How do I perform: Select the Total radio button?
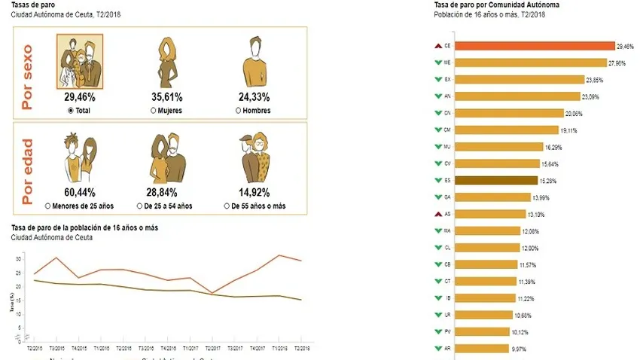[x=71, y=110]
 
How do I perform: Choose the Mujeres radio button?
[x=154, y=110]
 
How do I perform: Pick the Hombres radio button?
[x=238, y=110]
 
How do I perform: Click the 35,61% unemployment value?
[x=169, y=97]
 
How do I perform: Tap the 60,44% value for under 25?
[x=80, y=192]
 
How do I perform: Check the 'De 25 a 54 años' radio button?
[x=139, y=205]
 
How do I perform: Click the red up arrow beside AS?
[x=437, y=214]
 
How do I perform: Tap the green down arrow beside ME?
[x=437, y=63]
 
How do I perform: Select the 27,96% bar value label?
[x=616, y=63]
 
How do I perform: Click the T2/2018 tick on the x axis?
[x=302, y=349]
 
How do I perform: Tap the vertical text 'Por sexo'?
[x=29, y=73]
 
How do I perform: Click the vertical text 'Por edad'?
[x=29, y=167]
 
